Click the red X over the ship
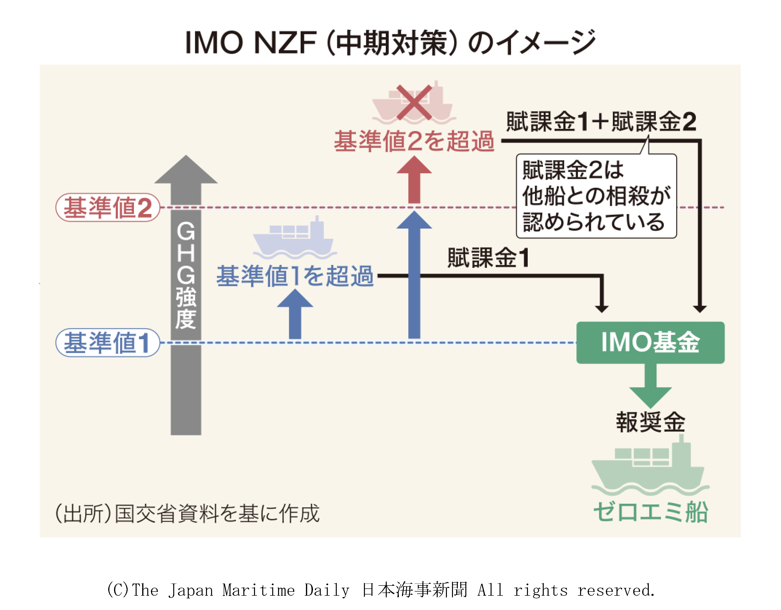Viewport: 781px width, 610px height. (x=414, y=102)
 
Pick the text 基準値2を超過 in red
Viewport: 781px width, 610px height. (x=414, y=141)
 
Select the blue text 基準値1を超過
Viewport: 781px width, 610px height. (x=295, y=276)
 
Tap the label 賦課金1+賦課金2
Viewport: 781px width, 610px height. (x=601, y=122)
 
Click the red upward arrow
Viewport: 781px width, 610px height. (x=414, y=181)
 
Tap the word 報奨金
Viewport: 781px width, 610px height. (x=650, y=422)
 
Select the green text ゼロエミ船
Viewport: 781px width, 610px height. (x=650, y=512)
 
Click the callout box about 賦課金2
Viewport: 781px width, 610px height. (x=596, y=196)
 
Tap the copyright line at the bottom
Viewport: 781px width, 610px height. (x=381, y=590)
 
